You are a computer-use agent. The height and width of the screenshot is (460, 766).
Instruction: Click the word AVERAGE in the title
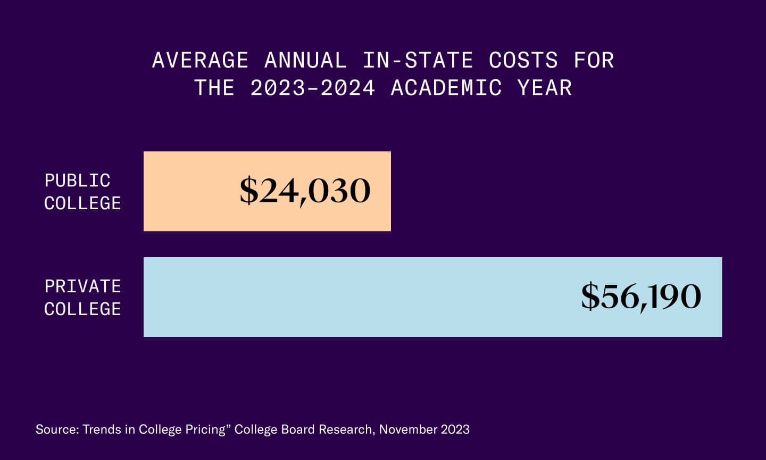coord(200,60)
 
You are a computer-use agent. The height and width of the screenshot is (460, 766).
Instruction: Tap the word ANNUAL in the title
coord(305,60)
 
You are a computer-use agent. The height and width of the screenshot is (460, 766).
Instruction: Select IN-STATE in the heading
coord(418,60)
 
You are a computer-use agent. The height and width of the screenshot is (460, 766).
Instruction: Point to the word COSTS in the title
coord(523,60)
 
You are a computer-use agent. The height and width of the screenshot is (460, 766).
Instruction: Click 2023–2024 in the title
coord(312,88)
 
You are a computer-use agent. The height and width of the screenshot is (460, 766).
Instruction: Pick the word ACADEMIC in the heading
coord(446,88)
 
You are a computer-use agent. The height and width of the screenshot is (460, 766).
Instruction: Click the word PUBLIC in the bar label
coord(77,180)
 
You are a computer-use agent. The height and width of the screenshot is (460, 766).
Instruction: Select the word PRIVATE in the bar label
coord(82,286)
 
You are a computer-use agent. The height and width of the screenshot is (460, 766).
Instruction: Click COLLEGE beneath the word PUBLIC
coord(82,203)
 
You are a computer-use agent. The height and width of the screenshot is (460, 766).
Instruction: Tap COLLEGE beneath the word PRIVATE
coord(82,309)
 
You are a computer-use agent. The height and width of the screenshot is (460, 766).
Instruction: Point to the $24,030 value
coord(305,191)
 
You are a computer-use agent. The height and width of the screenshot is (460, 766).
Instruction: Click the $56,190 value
coord(641,297)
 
